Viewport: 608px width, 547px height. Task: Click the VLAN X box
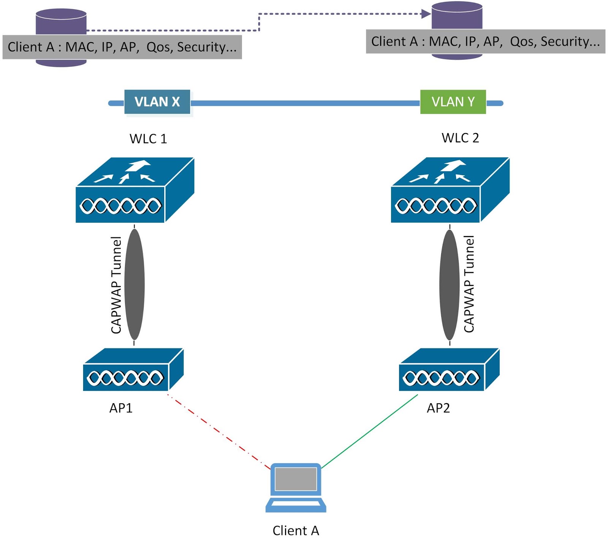tap(157, 102)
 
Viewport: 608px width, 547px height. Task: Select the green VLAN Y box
tap(453, 102)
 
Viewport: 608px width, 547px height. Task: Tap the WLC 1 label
tap(148, 139)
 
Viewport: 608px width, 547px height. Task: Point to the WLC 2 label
tap(460, 138)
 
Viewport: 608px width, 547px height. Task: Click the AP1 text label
tap(121, 408)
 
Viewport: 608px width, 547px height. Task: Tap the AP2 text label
tap(438, 408)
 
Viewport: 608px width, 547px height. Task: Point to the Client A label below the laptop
tap(296, 531)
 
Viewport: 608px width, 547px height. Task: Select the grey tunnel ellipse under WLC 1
tap(134, 284)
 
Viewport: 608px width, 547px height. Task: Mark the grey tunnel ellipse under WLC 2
tap(450, 284)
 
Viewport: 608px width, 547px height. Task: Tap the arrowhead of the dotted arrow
tap(426, 14)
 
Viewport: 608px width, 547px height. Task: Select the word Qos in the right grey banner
tap(523, 41)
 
